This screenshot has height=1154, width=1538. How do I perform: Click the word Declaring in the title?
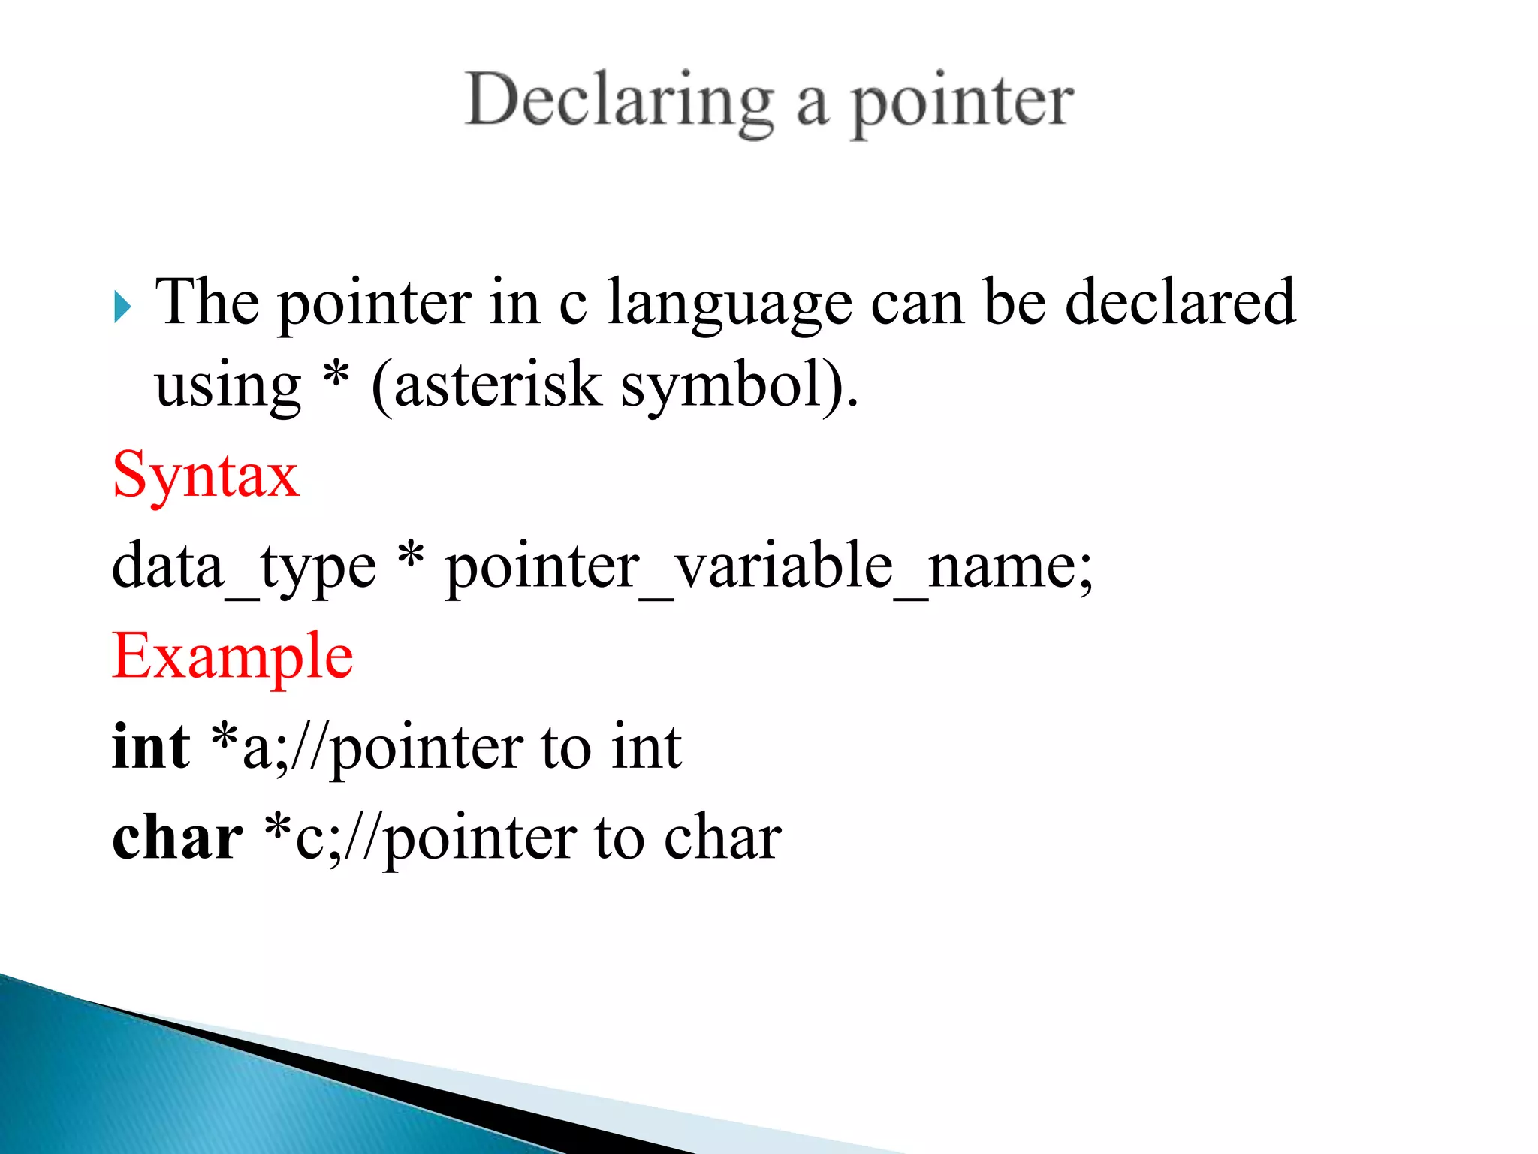click(x=619, y=101)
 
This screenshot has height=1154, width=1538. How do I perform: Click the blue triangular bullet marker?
click(x=122, y=307)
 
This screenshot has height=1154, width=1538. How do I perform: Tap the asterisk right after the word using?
click(x=336, y=374)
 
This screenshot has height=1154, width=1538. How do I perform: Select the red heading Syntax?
click(x=206, y=476)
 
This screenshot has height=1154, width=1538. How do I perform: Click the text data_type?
click(x=244, y=566)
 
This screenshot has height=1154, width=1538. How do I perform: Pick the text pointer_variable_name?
click(x=768, y=566)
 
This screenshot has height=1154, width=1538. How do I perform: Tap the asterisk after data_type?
click(x=411, y=556)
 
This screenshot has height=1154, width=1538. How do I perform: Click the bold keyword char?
click(x=177, y=837)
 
